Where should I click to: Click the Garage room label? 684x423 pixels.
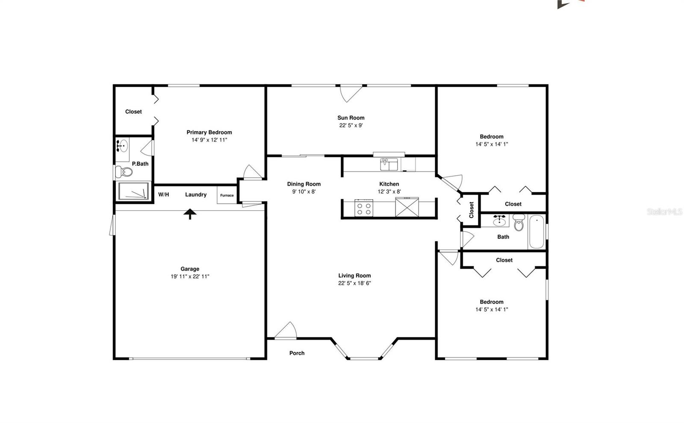(190, 269)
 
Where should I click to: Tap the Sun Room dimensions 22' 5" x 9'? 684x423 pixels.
(351, 125)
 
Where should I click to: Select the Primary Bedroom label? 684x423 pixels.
(209, 132)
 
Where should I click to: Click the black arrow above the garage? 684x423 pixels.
(190, 214)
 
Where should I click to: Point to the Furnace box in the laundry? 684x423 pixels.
(227, 195)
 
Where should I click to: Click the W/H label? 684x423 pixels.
(163, 195)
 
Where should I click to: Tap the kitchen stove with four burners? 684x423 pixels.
(364, 208)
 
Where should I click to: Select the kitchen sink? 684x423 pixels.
(389, 164)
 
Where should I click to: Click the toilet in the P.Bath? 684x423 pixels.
(124, 172)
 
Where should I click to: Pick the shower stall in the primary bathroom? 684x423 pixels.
(133, 191)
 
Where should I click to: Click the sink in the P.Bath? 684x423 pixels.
(122, 146)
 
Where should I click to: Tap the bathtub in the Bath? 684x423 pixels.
(537, 232)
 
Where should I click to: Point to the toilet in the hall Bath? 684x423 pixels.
(519, 222)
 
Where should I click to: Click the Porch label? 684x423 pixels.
(297, 353)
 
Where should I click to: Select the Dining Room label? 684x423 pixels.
(304, 184)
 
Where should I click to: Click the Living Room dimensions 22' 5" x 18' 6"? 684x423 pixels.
(354, 283)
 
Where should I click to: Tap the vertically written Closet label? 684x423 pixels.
(471, 210)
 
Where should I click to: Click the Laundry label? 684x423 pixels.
(196, 195)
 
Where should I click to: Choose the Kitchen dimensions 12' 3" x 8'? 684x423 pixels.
(389, 192)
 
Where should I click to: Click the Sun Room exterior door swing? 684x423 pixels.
(351, 94)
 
